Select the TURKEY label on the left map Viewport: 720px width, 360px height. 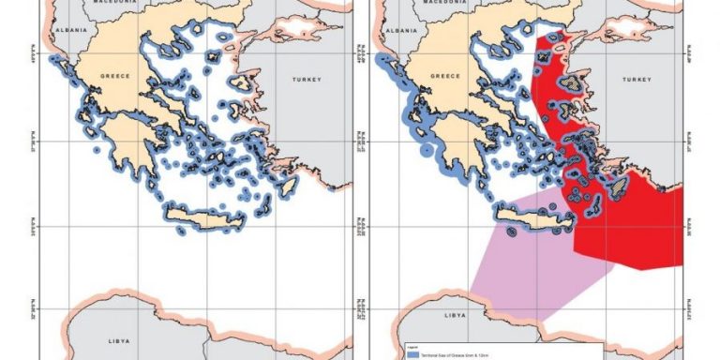coord(307,80)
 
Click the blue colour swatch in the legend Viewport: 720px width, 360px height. coord(412,354)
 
